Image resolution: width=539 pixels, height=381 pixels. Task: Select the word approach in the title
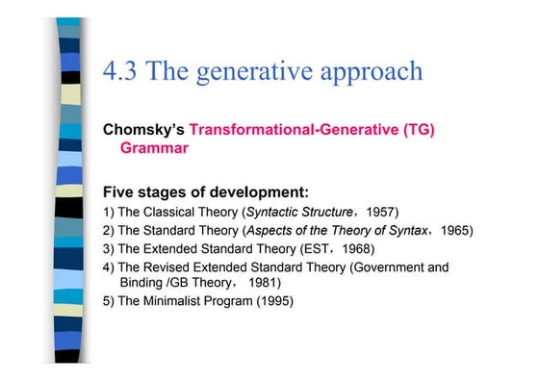point(375,71)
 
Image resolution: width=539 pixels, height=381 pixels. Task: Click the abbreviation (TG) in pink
point(414,130)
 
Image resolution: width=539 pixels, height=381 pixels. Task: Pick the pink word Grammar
point(154,149)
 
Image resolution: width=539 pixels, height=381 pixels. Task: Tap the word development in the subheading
point(257,190)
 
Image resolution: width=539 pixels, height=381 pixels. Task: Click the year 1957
point(382,211)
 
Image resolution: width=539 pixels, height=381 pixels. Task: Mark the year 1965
point(455,230)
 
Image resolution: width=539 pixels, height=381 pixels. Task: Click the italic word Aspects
point(270,230)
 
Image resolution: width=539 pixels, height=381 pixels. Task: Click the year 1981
point(264,284)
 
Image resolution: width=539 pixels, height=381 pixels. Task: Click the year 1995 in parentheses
point(272,302)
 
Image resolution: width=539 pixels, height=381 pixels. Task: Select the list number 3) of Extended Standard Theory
point(108,248)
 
